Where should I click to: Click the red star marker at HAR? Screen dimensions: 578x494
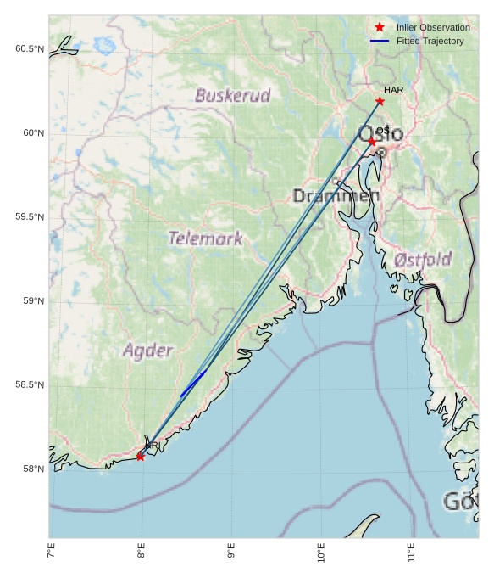pos(380,101)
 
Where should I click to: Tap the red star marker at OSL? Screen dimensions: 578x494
pos(371,142)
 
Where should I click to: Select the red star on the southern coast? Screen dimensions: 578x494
pos(140,457)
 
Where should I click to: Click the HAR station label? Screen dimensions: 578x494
pos(393,90)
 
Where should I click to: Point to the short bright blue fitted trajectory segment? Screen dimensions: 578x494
pos(192,384)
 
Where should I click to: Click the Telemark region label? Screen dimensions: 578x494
pos(205,238)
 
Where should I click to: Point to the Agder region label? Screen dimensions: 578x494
pos(147,350)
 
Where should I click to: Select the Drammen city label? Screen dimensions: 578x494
pos(336,196)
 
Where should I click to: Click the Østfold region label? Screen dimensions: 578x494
pos(423,260)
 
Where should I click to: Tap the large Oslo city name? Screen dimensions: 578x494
pos(381,134)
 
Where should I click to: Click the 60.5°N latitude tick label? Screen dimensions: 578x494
pos(29,49)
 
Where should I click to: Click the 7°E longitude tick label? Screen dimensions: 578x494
pos(52,555)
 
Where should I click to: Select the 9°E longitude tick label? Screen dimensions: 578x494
pos(231,555)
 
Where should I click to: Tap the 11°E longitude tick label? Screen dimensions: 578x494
pos(411,555)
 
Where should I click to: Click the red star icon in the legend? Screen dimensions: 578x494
pos(379,27)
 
